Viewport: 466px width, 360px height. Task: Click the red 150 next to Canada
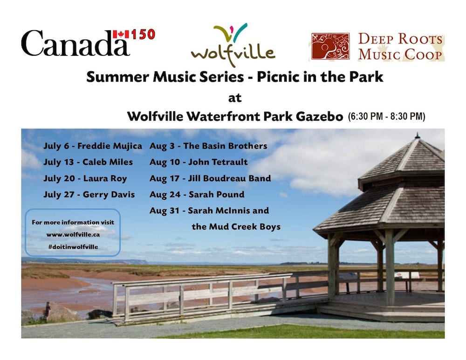(x=143, y=34)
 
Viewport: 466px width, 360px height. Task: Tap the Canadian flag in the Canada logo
(x=121, y=34)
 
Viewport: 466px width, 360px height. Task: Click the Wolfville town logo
(x=233, y=45)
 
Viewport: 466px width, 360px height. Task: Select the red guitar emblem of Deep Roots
(x=330, y=46)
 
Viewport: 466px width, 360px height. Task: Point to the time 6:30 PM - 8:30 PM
(x=387, y=116)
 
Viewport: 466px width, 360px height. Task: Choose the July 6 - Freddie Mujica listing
(x=93, y=146)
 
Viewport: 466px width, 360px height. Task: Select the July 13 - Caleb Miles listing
(x=88, y=162)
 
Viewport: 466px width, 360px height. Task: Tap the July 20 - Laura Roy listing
(x=85, y=178)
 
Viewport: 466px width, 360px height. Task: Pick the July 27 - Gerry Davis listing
(x=89, y=195)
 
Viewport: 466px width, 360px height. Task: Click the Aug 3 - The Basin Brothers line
(x=208, y=146)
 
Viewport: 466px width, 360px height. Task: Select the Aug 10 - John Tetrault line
(x=199, y=162)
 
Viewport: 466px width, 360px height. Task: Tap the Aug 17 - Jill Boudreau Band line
(x=210, y=178)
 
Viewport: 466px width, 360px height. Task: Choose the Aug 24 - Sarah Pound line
(x=197, y=195)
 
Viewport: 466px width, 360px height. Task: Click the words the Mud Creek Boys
(x=236, y=227)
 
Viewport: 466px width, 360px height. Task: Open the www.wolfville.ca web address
(x=73, y=235)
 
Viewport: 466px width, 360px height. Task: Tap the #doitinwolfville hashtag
(x=73, y=247)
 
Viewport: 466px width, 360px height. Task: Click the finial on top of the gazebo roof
(x=417, y=136)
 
